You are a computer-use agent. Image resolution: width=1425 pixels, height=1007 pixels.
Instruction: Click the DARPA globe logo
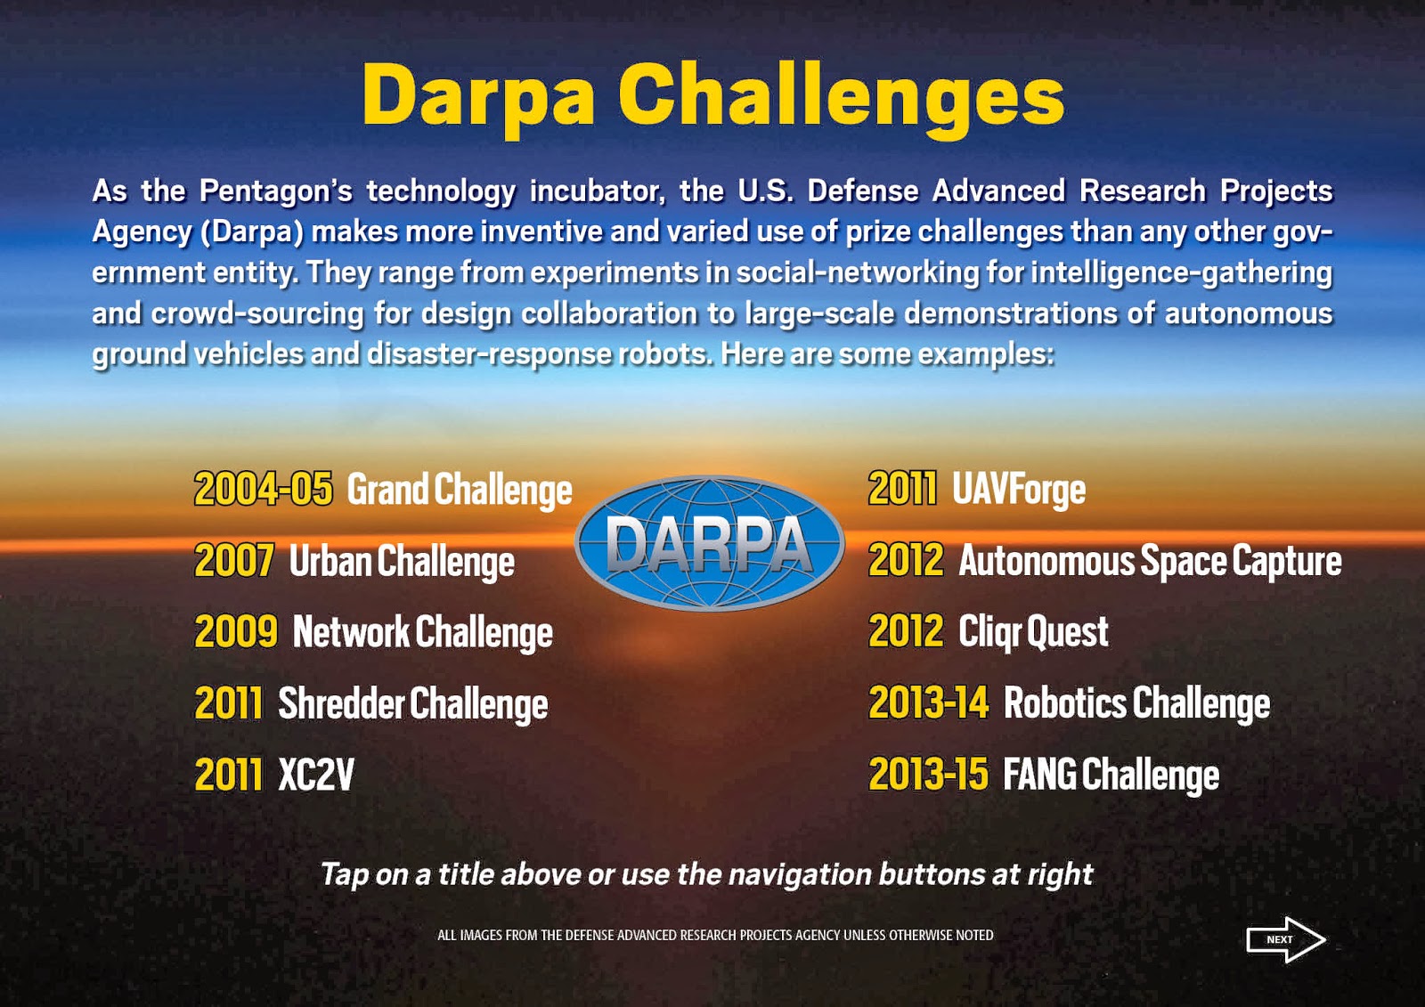click(x=709, y=542)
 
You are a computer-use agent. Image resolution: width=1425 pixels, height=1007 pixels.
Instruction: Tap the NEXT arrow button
click(x=1285, y=939)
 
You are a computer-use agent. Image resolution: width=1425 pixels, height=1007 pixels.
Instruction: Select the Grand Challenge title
click(x=459, y=491)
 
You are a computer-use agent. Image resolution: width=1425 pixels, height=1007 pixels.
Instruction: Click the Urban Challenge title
click(x=402, y=562)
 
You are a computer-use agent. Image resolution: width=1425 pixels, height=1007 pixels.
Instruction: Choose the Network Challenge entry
click(x=422, y=633)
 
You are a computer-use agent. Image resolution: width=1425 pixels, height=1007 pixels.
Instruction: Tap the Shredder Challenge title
click(x=412, y=704)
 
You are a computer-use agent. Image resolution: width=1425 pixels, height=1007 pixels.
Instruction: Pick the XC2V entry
click(x=316, y=775)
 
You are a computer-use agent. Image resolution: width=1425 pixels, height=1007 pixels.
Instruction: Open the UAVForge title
click(x=1019, y=490)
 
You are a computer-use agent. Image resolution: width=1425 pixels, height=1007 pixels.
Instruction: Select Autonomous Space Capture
click(x=1149, y=562)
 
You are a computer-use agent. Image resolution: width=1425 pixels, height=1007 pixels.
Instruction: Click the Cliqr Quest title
click(x=1033, y=632)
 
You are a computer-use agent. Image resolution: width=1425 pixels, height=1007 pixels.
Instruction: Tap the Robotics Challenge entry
click(x=1136, y=703)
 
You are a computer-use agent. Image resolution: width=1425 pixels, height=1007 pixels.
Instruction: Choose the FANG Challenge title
click(x=1111, y=775)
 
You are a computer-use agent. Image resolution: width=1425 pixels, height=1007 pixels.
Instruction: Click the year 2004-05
click(x=263, y=490)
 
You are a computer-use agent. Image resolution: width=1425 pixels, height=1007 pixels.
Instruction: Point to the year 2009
click(x=236, y=632)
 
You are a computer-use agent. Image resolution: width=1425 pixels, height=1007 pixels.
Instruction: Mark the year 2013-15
click(x=928, y=775)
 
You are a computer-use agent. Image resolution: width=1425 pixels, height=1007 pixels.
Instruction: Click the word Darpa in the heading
click(x=478, y=96)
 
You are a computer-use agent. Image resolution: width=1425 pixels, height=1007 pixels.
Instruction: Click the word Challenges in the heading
click(x=841, y=96)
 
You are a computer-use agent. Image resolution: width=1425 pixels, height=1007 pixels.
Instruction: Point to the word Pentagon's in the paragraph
click(x=275, y=191)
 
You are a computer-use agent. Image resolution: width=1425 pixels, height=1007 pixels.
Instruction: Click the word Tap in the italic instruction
click(x=344, y=874)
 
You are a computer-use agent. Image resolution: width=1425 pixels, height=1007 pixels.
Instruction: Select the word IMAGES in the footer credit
click(x=480, y=936)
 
